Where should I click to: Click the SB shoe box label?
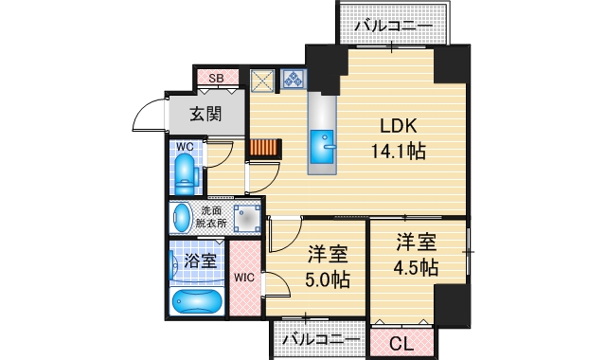[216, 78]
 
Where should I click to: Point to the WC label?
[185, 148]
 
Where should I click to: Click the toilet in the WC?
[186, 174]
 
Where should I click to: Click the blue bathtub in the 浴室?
[196, 302]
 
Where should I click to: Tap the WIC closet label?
[244, 278]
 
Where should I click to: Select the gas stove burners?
[290, 80]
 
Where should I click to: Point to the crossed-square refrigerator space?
[261, 80]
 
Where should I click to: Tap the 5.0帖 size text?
[328, 280]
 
